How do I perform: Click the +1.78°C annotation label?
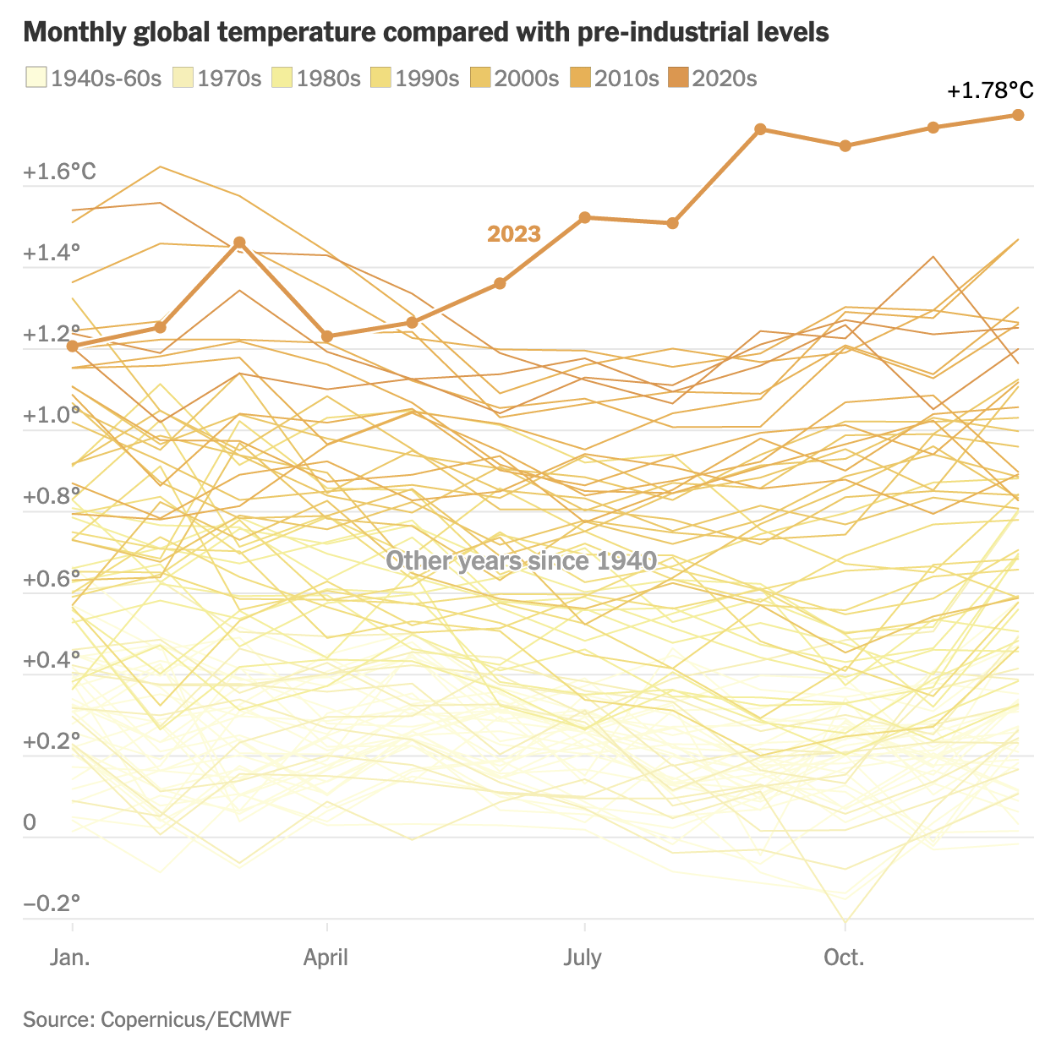(x=990, y=90)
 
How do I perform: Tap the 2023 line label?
(x=514, y=234)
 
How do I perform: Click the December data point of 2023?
(x=1018, y=115)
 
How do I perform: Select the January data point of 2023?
(x=72, y=346)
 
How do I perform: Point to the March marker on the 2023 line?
(x=239, y=243)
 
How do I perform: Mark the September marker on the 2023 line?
(x=760, y=129)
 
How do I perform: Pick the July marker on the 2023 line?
(x=584, y=217)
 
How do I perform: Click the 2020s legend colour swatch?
(x=678, y=78)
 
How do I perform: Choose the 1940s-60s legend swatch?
(x=36, y=78)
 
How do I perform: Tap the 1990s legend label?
(x=427, y=79)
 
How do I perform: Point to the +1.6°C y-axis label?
(x=60, y=172)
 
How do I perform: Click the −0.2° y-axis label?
(x=52, y=903)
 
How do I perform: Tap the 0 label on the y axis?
(x=30, y=822)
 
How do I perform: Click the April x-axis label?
(x=326, y=958)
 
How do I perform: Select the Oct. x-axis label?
(x=844, y=958)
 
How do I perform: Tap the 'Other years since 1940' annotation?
(x=521, y=560)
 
